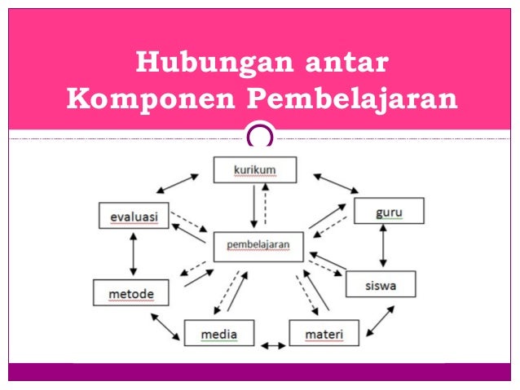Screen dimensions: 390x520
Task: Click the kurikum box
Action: click(254, 169)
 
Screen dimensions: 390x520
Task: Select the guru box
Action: click(389, 212)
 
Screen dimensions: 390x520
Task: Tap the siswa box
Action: click(381, 284)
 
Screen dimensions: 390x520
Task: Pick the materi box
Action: click(323, 334)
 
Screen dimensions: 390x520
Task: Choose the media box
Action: click(218, 334)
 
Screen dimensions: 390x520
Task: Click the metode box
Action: click(130, 291)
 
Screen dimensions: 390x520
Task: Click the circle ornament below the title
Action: click(259, 135)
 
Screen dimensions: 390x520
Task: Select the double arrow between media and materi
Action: click(272, 345)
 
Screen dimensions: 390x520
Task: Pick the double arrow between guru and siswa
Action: click(382, 248)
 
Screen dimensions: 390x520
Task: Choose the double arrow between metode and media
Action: click(165, 326)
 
